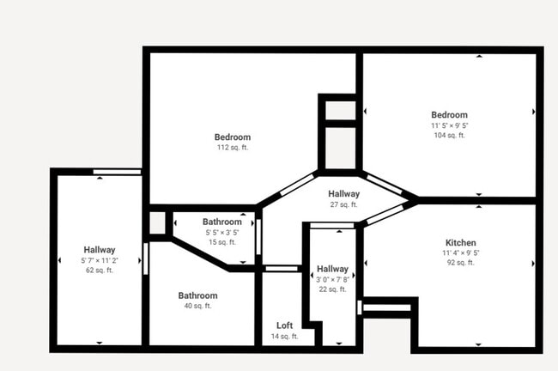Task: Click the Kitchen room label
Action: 460,243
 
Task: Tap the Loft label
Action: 285,325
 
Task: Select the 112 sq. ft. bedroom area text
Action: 233,148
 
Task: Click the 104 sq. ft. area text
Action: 450,136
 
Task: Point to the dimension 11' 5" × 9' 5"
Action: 450,125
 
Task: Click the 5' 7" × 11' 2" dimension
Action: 100,260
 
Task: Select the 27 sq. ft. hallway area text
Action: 343,204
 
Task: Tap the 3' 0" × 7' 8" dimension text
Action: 332,280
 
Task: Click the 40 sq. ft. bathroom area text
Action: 197,306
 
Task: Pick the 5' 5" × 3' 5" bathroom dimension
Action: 222,233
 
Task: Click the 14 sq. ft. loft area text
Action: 285,337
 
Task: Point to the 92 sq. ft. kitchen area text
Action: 460,263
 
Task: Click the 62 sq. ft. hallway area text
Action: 100,271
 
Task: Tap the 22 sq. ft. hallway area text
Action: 332,289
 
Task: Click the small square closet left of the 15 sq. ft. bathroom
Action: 157,223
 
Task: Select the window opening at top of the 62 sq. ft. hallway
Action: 117,172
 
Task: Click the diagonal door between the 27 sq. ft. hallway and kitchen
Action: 385,215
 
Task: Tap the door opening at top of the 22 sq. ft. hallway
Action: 332,225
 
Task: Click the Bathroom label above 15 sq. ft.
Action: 222,222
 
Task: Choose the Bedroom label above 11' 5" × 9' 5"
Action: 450,115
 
